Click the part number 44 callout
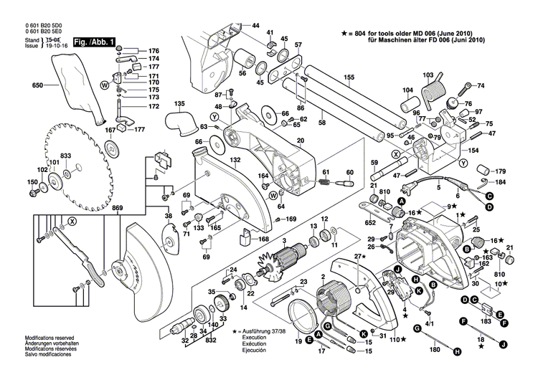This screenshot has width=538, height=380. [255, 26]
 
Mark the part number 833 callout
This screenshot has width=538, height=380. [65, 156]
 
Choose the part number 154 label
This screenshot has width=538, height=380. [474, 152]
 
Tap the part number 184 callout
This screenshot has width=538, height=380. [501, 182]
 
